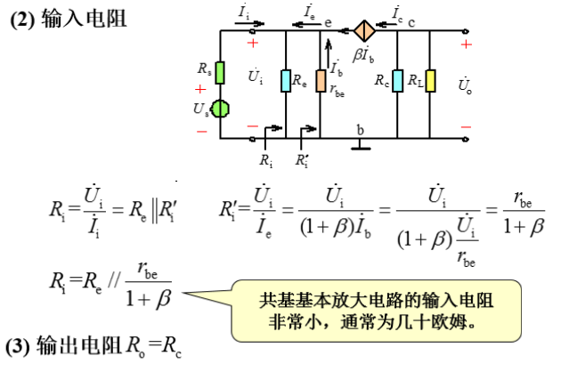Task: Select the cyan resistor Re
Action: (x=285, y=81)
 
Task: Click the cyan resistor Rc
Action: (x=399, y=81)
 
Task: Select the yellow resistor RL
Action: (x=430, y=81)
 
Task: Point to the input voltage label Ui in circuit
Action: (x=255, y=77)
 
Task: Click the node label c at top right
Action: (x=412, y=20)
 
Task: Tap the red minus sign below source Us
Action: (x=201, y=131)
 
